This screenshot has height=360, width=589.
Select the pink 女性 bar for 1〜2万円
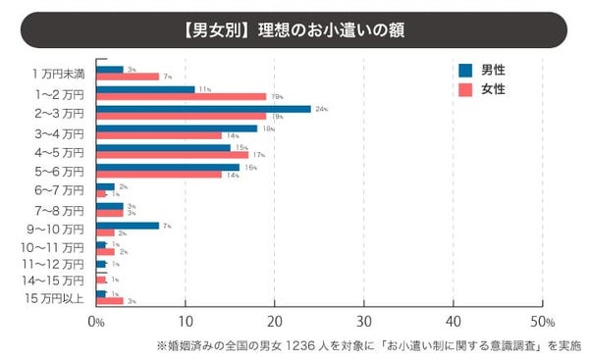pos(182,97)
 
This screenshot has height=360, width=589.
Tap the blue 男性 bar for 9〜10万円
pos(128,225)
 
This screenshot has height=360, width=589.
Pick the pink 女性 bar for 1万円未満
pos(128,77)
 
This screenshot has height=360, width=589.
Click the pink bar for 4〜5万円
pos(172,155)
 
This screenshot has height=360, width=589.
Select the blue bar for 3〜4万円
pos(177,128)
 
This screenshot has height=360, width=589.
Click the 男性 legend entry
pos(487,70)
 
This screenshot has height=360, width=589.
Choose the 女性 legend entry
pos(487,89)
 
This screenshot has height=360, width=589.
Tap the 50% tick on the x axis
pos(542,322)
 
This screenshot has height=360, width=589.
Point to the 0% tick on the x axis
pos(96,322)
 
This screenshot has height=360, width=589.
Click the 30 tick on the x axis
pos(363,322)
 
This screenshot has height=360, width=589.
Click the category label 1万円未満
pos(59,73)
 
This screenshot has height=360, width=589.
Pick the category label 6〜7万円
pos(59,189)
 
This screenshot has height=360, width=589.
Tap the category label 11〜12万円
pos(59,264)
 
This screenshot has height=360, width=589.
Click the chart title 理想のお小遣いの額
pos(294,29)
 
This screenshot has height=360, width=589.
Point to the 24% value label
pos(320,109)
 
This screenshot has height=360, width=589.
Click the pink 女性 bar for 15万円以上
pos(110,301)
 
